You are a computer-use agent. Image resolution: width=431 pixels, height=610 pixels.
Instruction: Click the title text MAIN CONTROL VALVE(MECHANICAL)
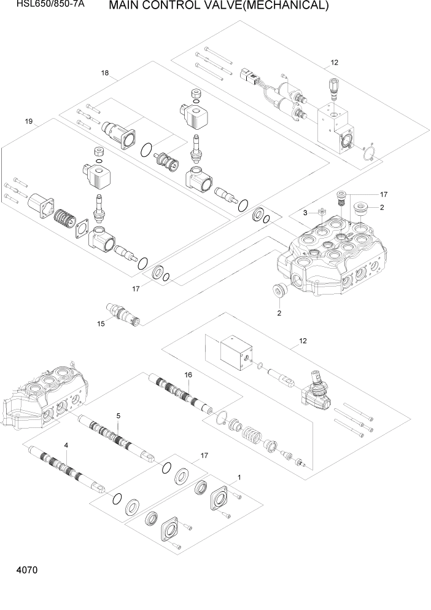tap(218, 7)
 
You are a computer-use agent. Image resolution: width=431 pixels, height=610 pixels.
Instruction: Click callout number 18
tap(105, 73)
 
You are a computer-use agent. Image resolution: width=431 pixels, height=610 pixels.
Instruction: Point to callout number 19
tap(28, 121)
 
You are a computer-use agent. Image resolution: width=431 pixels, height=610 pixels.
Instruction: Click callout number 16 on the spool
tap(188, 374)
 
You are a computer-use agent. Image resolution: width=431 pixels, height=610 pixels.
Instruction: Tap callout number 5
tap(117, 415)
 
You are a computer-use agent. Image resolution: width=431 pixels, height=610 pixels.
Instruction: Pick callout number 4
tap(66, 445)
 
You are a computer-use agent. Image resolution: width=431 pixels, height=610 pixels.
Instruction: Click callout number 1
tap(239, 477)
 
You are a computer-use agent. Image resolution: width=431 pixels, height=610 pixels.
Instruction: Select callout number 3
tap(304, 213)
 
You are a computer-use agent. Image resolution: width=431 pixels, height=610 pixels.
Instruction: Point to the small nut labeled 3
tap(321, 213)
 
